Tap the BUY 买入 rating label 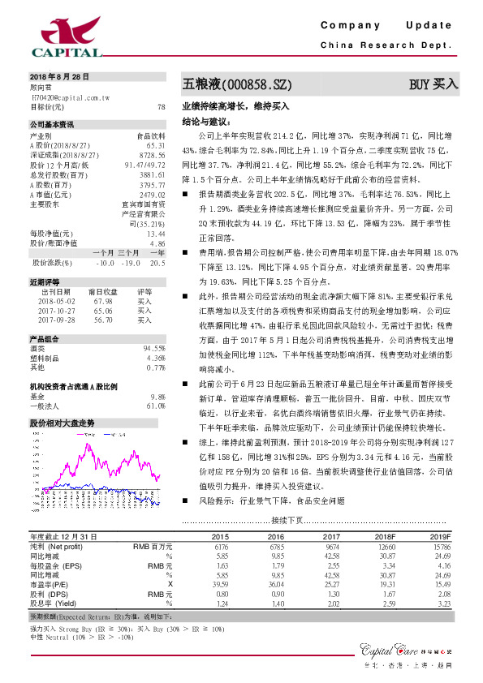433,84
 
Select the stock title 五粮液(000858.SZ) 235,84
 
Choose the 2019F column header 439,537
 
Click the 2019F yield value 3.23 442,604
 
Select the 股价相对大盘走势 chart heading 62,423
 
